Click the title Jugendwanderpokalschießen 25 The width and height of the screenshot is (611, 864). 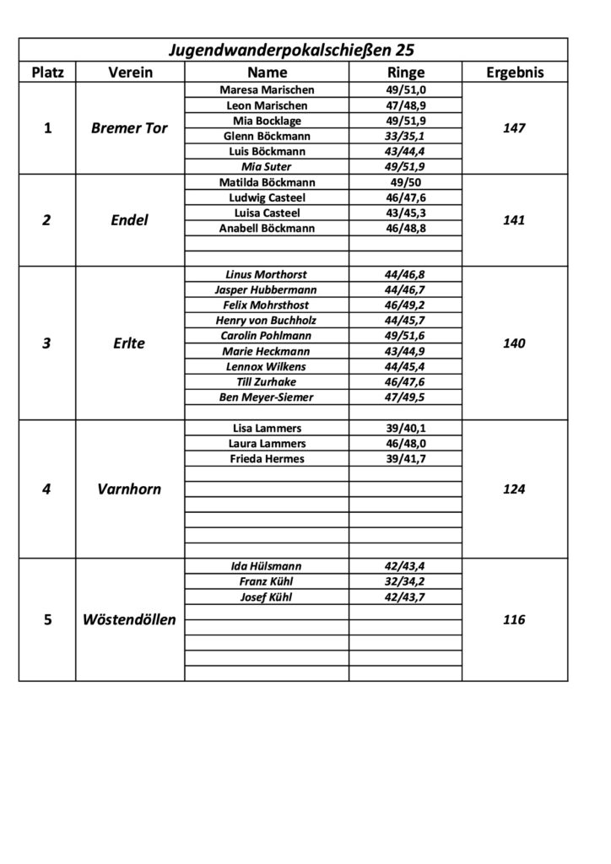click(293, 50)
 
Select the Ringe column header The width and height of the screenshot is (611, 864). click(405, 73)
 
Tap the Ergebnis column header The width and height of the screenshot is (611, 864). click(515, 73)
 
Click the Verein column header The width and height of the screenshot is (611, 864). click(130, 73)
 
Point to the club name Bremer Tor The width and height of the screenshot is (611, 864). click(130, 128)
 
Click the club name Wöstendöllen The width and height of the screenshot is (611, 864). click(130, 620)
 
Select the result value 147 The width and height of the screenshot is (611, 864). click(514, 128)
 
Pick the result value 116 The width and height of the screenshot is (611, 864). click(514, 620)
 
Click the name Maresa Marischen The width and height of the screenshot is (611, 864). click(267, 90)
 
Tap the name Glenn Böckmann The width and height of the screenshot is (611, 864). click(267, 136)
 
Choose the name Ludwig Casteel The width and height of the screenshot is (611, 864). click(267, 197)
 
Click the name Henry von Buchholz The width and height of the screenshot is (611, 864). click(267, 321)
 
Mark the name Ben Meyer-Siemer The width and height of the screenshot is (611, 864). click(267, 397)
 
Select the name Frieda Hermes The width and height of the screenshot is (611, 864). click(267, 459)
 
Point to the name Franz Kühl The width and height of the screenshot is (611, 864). click(267, 582)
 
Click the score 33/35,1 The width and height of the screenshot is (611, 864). click(405, 136)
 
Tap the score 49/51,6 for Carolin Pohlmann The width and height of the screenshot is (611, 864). click(405, 336)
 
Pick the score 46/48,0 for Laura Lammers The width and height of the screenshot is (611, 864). click(405, 444)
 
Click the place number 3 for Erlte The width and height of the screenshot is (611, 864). click(47, 343)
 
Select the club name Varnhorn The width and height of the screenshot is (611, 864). click(130, 489)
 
